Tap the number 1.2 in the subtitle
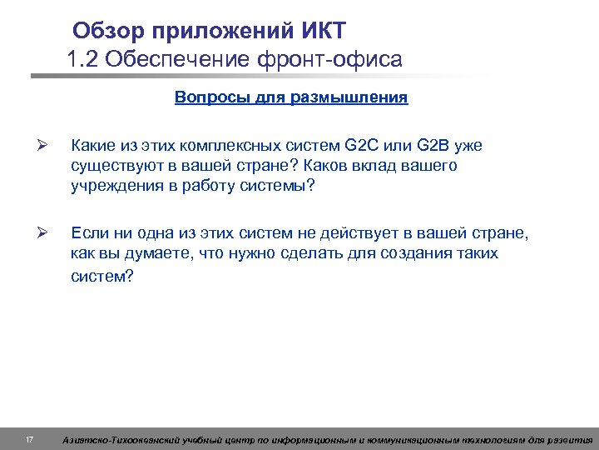[83, 60]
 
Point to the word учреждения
[112, 184]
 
